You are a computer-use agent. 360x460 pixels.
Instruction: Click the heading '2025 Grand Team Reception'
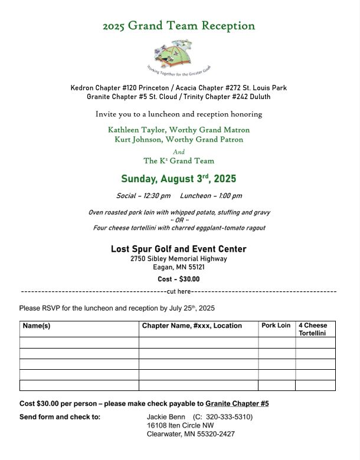[x=179, y=26]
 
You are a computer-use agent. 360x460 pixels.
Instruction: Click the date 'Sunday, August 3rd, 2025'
[x=179, y=179]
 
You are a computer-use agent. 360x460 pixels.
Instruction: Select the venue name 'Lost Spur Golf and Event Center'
[x=179, y=249]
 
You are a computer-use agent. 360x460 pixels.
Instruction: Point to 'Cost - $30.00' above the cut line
[x=179, y=280]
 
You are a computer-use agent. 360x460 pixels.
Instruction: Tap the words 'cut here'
[x=179, y=291]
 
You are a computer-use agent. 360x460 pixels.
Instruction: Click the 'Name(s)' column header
[x=37, y=326]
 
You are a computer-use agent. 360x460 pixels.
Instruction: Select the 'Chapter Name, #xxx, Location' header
[x=192, y=326]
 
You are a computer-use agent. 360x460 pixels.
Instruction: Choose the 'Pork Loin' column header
[x=276, y=326]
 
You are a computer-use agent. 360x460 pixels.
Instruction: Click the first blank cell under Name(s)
[x=79, y=343]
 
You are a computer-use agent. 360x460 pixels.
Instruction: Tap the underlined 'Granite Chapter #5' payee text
[x=237, y=403]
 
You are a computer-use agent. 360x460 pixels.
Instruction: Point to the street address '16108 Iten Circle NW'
[x=181, y=425]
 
